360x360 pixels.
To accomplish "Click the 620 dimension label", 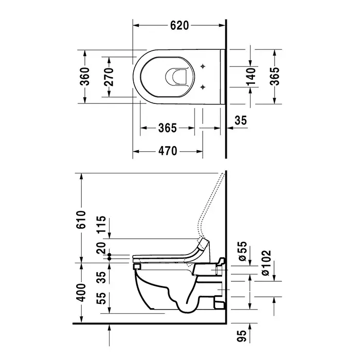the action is (179, 26).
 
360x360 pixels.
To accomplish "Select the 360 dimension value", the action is (85, 77).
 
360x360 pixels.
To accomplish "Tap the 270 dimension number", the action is (109, 77).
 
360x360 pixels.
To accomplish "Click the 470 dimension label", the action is (168, 151).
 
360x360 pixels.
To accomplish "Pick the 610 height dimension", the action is (81, 219).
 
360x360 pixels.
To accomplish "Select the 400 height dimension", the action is (81, 293).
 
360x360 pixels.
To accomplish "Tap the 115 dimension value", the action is (101, 225).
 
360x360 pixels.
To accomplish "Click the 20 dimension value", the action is (101, 248).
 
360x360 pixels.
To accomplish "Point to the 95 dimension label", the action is (242, 336).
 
